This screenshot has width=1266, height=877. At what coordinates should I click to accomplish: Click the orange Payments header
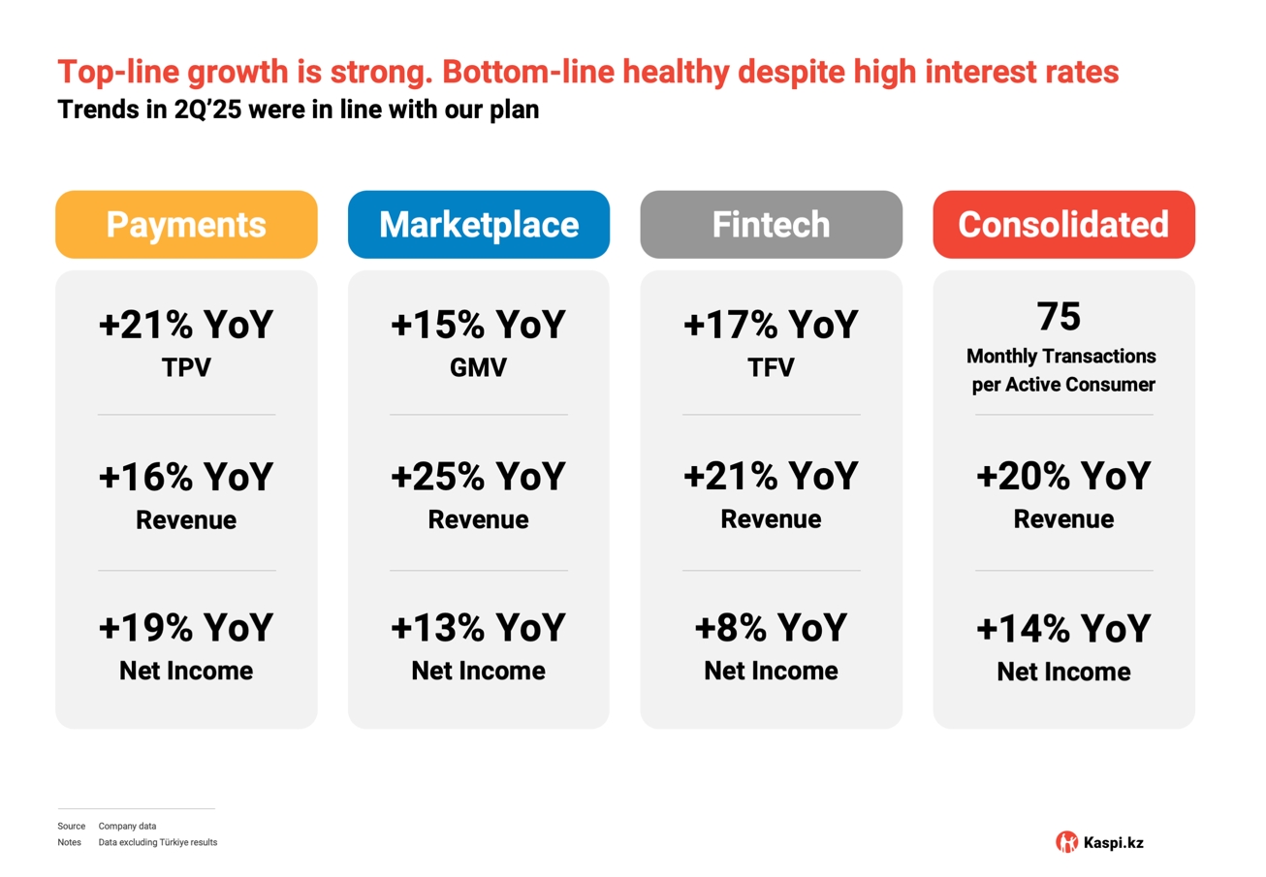(x=186, y=225)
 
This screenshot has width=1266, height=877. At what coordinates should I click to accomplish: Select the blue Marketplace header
(x=478, y=225)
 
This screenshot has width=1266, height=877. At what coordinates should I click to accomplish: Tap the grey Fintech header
(x=771, y=225)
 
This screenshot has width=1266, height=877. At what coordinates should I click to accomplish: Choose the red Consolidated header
(x=1063, y=225)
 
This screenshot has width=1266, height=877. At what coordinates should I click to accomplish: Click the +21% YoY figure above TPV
(x=186, y=325)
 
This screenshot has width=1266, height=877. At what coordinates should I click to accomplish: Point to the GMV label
(x=478, y=367)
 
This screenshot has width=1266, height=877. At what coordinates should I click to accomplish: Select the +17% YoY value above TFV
(x=771, y=325)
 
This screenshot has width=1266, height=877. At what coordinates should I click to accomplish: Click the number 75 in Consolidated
(x=1059, y=317)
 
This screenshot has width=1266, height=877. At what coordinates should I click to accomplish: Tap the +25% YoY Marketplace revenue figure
(x=478, y=477)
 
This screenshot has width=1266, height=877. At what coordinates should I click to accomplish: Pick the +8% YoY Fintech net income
(x=771, y=628)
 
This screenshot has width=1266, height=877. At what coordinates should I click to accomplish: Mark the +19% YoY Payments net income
(x=186, y=628)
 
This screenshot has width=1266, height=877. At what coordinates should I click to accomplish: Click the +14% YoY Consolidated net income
(x=1063, y=629)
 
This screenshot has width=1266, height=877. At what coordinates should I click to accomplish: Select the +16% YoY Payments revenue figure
(x=186, y=477)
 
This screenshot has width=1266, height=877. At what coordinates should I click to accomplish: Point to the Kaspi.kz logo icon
(x=1066, y=841)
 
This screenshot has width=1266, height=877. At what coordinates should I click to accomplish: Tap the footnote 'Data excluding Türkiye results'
(x=158, y=843)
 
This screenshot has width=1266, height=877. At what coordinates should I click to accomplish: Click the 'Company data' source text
(x=127, y=827)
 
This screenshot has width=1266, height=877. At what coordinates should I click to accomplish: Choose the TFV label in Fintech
(x=771, y=367)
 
